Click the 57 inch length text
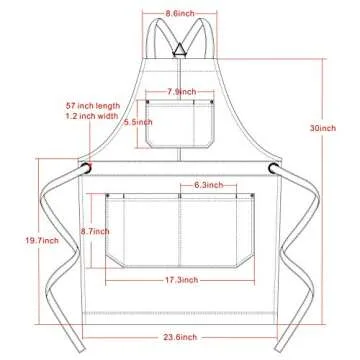pos(91,104)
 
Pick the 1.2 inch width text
pos(91,116)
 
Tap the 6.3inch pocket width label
pos(208,185)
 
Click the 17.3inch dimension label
pos(181,283)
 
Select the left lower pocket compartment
pos(142,235)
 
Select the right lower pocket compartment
pos(218,235)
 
